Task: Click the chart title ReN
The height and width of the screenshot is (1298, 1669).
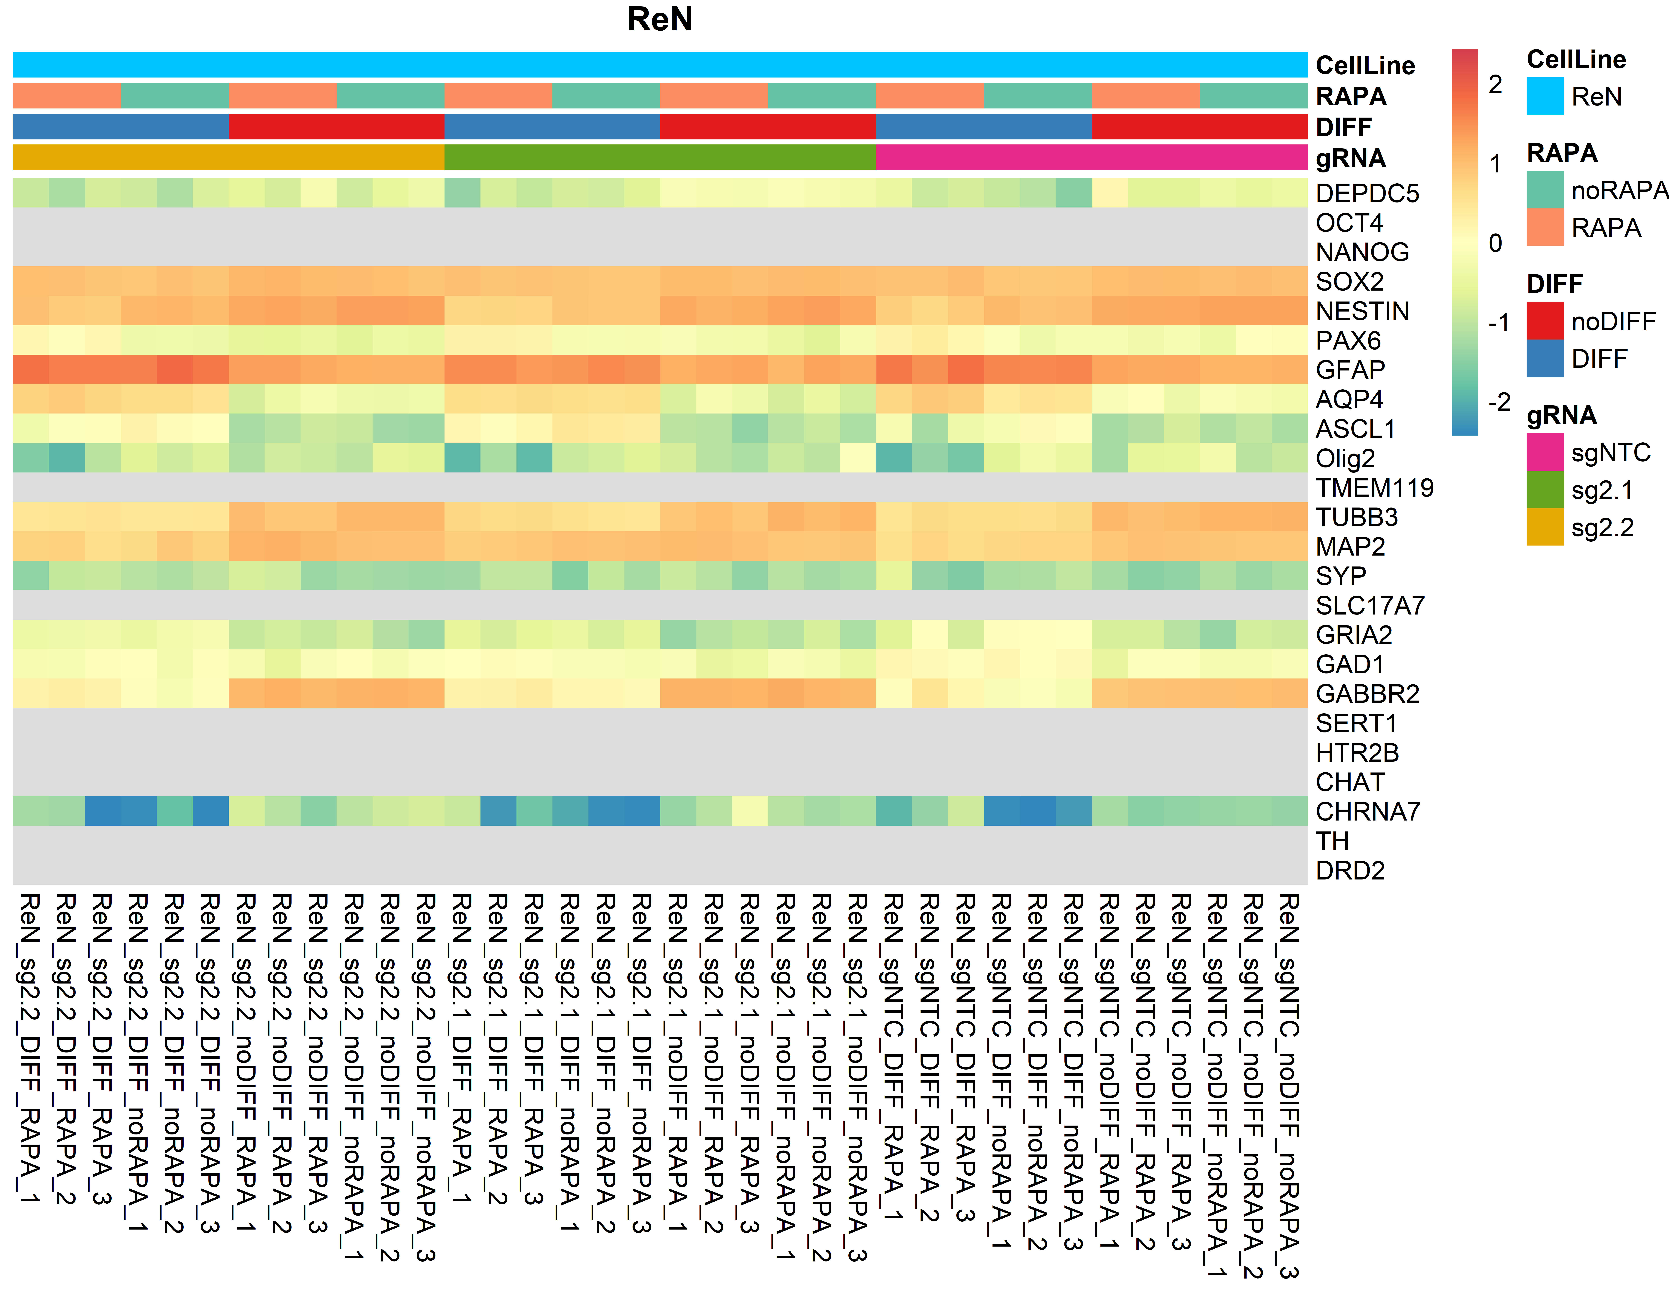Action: click(659, 19)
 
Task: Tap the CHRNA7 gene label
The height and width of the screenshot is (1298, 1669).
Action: click(1367, 811)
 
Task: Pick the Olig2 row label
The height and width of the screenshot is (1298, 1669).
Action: click(1345, 458)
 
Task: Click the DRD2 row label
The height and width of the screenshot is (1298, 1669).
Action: click(1349, 870)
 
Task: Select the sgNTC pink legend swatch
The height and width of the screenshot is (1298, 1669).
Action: click(1544, 452)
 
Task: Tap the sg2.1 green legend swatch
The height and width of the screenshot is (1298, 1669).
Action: click(1544, 490)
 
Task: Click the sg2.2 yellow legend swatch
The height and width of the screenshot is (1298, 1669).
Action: click(1544, 527)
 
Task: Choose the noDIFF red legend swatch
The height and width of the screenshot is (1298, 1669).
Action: click(1544, 321)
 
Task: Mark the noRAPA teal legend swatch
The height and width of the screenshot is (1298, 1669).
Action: click(1544, 190)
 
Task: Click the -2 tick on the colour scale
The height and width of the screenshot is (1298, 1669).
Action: click(1498, 402)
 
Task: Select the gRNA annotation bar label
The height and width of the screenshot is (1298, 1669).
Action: click(1350, 158)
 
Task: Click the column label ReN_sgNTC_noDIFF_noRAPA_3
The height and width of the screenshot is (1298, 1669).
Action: click(1289, 1085)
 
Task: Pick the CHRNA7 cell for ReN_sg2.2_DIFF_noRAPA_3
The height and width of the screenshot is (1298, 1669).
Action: click(210, 811)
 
